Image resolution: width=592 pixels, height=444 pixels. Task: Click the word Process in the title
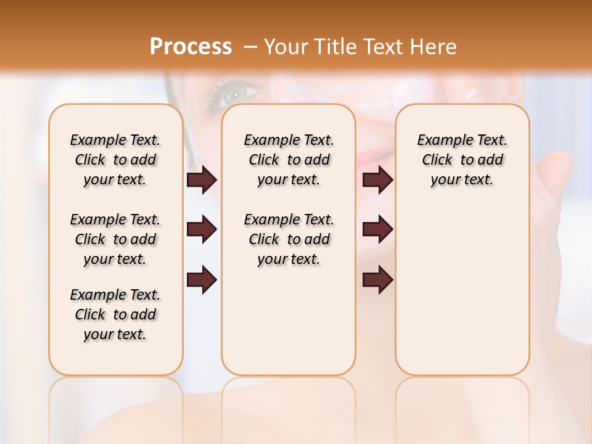(191, 46)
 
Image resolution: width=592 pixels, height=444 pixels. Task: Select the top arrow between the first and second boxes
(202, 180)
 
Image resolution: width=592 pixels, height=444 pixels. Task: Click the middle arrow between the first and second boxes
(202, 230)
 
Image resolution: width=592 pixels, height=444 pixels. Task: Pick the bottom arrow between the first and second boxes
(202, 279)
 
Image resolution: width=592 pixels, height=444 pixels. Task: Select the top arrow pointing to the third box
(378, 180)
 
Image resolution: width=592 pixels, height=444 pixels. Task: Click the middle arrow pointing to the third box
(378, 230)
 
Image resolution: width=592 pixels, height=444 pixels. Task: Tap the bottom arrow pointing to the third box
(378, 279)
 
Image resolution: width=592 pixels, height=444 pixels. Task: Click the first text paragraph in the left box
(115, 160)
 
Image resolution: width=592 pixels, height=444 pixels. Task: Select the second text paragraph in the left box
(115, 239)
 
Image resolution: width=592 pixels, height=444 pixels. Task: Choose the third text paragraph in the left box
(115, 314)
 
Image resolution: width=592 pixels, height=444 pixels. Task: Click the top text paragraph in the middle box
(289, 160)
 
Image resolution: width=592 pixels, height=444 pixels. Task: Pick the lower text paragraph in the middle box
(289, 239)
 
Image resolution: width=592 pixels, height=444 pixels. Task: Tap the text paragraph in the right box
(462, 160)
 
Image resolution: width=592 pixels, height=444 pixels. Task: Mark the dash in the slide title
(250, 46)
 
